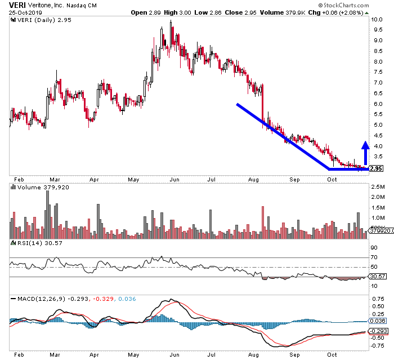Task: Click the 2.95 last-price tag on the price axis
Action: coord(377,168)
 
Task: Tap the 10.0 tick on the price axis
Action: coord(377,19)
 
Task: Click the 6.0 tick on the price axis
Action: coord(377,104)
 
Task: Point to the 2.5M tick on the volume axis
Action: coord(378,186)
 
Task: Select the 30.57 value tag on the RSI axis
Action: coord(377,275)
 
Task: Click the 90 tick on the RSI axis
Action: coord(373,247)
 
